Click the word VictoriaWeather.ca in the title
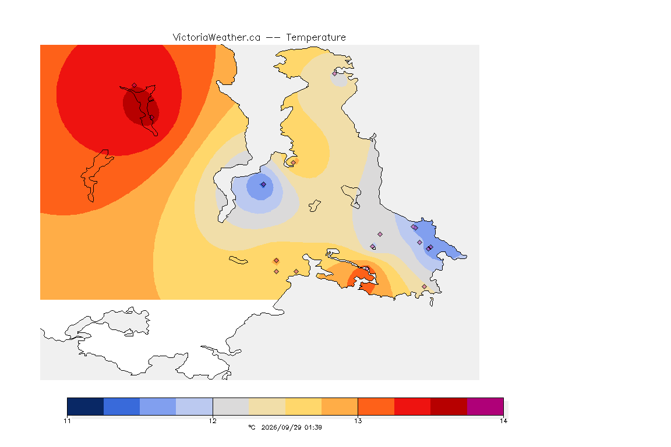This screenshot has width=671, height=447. pos(217,38)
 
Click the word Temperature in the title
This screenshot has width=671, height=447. pos(316,38)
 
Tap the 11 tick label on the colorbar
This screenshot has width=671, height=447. pos(67,421)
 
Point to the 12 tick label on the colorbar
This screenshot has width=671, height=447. pos(213,421)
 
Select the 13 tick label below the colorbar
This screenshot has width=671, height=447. pos(358,421)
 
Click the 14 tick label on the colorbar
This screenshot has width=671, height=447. pos(503,421)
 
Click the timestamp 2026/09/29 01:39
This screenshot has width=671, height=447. pos(291,427)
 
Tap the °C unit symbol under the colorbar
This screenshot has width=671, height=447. pos(252,427)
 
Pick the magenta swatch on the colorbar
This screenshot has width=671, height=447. pos(485,406)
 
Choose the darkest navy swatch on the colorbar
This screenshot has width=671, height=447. pos(86,406)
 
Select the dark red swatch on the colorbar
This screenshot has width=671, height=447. pos(448,406)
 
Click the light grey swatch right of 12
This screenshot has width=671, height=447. pos(231,406)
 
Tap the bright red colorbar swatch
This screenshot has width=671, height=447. pos(412,406)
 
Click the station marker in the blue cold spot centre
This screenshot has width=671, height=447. pos(263,185)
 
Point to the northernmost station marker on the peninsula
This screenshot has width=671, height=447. pos(335,73)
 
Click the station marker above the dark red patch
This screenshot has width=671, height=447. pos(135,86)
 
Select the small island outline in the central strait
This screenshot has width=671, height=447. pos(315,206)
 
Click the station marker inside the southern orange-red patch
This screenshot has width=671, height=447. pos(367,269)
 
